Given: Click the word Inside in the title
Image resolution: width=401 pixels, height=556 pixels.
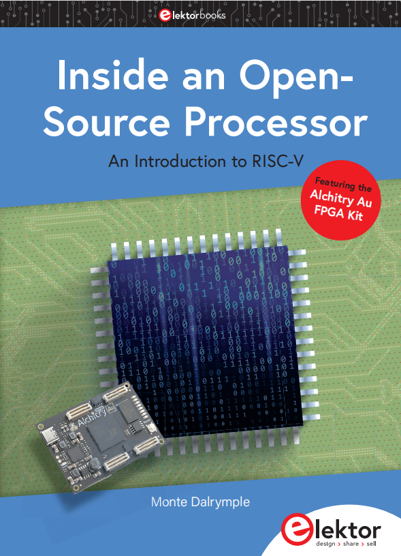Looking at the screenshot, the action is (113, 76).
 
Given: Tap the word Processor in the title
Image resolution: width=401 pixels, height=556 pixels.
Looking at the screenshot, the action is (276, 123).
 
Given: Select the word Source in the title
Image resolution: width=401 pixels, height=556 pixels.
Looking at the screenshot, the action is (106, 123).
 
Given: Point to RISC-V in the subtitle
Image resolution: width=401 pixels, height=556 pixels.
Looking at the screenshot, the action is (278, 161).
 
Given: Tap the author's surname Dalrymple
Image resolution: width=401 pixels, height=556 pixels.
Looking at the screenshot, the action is (221, 502).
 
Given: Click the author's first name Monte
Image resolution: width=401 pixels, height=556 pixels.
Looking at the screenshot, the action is (169, 501).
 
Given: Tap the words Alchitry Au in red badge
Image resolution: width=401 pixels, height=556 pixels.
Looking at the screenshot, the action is (341, 198).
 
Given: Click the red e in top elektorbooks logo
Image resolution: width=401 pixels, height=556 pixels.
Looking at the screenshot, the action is (165, 15).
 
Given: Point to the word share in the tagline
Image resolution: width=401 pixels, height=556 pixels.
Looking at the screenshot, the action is (351, 544).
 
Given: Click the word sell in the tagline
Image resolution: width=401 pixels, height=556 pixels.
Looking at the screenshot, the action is (371, 543).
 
